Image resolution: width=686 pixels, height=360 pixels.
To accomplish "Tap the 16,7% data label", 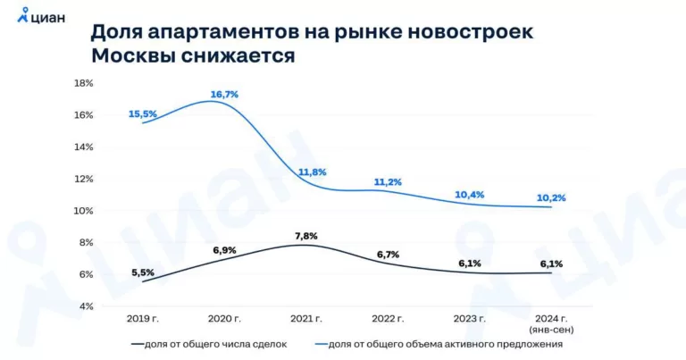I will coord(224,94).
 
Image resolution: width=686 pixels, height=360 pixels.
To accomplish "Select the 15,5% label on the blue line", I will coord(143,113).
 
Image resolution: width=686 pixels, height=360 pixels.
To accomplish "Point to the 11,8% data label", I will coord(312,172).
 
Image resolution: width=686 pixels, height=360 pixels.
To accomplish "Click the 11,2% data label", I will coord(387,181).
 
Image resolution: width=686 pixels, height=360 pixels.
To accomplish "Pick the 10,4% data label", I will coord(469,194).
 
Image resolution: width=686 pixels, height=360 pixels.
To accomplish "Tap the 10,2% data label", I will coord(551,197).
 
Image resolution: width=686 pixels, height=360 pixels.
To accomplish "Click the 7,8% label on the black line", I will coord(305,236).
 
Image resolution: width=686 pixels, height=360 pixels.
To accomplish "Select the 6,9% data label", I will coord(224,249).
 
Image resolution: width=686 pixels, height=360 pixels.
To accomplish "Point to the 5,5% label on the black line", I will coord(143,272).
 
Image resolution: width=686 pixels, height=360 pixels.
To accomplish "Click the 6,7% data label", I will coord(387,255).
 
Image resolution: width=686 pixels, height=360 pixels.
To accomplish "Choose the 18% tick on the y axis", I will coord(83,83).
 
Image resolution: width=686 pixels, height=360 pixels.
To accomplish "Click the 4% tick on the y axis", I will coord(86,306).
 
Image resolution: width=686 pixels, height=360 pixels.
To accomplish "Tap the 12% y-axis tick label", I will coord(83,179).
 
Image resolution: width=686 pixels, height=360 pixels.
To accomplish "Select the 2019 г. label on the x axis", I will coord(143,318).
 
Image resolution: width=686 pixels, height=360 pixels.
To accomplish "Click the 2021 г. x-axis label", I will coord(305,318).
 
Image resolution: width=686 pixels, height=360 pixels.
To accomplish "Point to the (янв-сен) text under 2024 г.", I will coord(551,328).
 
